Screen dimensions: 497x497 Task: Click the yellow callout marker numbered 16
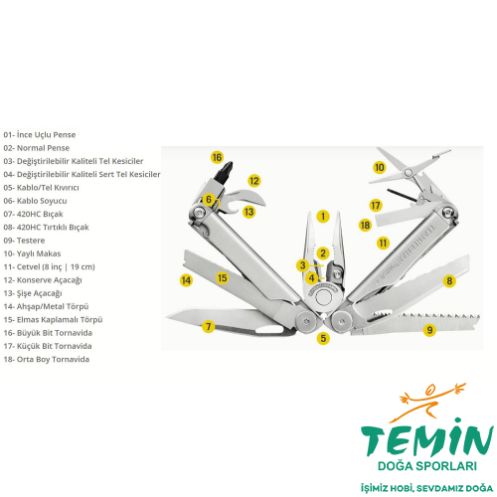tap(217, 157)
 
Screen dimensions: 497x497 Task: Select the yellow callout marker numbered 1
tap(323, 215)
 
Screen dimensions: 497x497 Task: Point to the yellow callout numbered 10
tap(379, 167)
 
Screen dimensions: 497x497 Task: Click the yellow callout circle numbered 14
tap(186, 280)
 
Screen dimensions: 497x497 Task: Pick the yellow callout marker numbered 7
tap(208, 326)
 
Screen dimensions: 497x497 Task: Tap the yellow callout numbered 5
tap(323, 338)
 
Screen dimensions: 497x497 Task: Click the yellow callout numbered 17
tap(375, 205)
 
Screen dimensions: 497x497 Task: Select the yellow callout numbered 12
tap(254, 181)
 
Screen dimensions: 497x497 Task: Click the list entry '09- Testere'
tap(25, 241)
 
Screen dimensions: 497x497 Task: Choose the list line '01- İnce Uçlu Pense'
tap(40, 134)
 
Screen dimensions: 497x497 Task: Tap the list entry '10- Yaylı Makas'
tap(33, 253)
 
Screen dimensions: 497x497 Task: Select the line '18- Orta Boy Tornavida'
tap(47, 359)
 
